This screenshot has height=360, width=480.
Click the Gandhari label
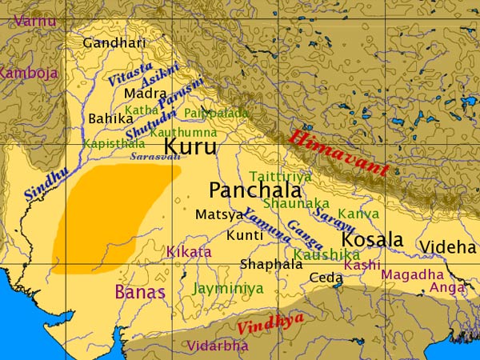point(114,43)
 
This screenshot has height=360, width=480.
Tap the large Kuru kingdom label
point(190,146)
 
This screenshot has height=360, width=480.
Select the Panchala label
point(255,190)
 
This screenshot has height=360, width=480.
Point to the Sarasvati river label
point(155,158)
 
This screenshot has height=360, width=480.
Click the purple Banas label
point(140,292)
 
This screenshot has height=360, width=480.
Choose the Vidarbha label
point(217,346)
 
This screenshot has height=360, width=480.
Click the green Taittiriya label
point(280,176)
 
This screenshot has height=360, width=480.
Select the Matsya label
point(218,214)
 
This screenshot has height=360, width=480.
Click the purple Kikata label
point(189,252)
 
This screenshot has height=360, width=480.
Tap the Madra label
point(145,94)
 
